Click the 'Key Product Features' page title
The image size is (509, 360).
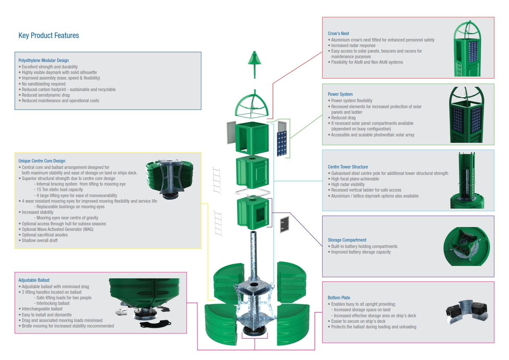[x=49, y=35]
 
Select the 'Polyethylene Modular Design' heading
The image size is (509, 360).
[x=44, y=60]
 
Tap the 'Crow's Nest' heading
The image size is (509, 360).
[x=338, y=33]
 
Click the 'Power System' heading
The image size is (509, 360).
[x=340, y=94]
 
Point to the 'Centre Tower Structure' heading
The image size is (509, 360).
[x=348, y=167]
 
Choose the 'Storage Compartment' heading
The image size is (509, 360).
[x=347, y=240]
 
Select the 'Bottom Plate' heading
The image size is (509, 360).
[x=339, y=298]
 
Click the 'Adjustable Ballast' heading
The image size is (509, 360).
[x=34, y=280]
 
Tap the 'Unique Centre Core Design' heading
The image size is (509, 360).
[x=42, y=161]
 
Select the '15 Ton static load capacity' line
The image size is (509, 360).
[x=59, y=189]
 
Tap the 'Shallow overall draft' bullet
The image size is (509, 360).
[x=38, y=240]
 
